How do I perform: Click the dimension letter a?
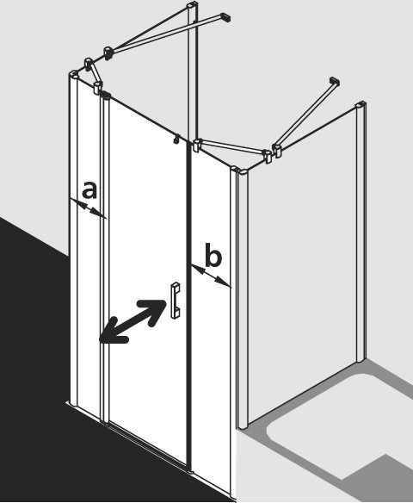[x=89, y=189]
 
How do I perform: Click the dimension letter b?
[x=213, y=255]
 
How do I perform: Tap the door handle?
[x=176, y=301]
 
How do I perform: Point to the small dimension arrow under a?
[x=88, y=208]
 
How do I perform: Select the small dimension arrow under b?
[x=211, y=276]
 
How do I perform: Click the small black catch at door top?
[x=176, y=139]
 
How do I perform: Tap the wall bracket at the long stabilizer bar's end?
[x=225, y=17]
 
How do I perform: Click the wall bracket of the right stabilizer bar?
[x=335, y=80]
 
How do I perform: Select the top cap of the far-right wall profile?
[x=361, y=105]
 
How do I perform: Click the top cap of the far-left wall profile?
[x=74, y=74]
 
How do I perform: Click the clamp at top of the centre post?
[x=197, y=145]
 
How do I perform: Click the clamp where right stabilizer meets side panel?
[x=276, y=151]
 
